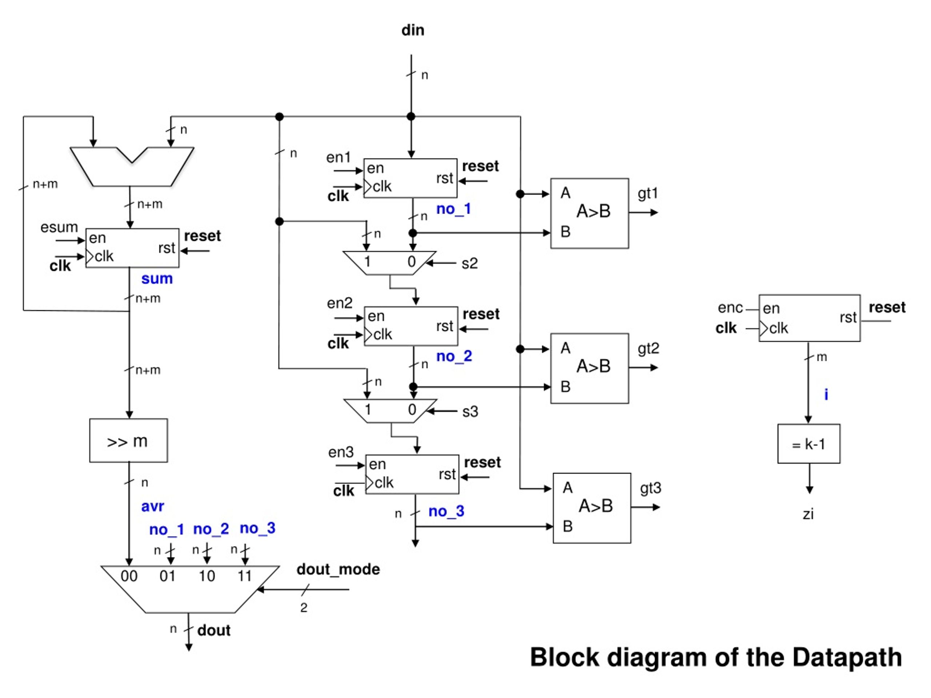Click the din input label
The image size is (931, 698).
tap(412, 30)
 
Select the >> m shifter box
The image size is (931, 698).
tap(128, 440)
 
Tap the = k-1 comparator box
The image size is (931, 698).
tap(808, 444)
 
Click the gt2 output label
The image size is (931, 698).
tap(648, 348)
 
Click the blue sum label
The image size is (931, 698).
tap(157, 278)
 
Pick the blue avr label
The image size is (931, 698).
tap(152, 506)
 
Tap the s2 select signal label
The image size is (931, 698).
tap(470, 263)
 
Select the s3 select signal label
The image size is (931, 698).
tap(470, 412)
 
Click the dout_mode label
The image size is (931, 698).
tap(338, 569)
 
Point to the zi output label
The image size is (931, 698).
tap(808, 514)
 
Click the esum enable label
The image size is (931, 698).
tap(59, 227)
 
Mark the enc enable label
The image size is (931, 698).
tap(730, 308)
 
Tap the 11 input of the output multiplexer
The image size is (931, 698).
tap(244, 575)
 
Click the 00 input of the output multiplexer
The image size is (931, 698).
tap(129, 575)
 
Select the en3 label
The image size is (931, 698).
tap(341, 452)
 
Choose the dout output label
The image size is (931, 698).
tap(214, 630)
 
